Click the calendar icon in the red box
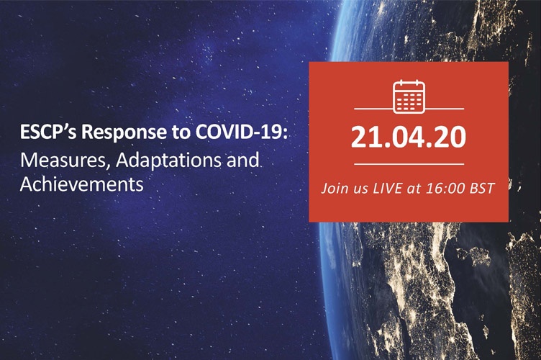[409, 96]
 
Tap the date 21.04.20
[409, 136]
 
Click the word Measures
[53, 160]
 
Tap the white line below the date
[409, 165]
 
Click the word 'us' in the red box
[366, 192]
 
